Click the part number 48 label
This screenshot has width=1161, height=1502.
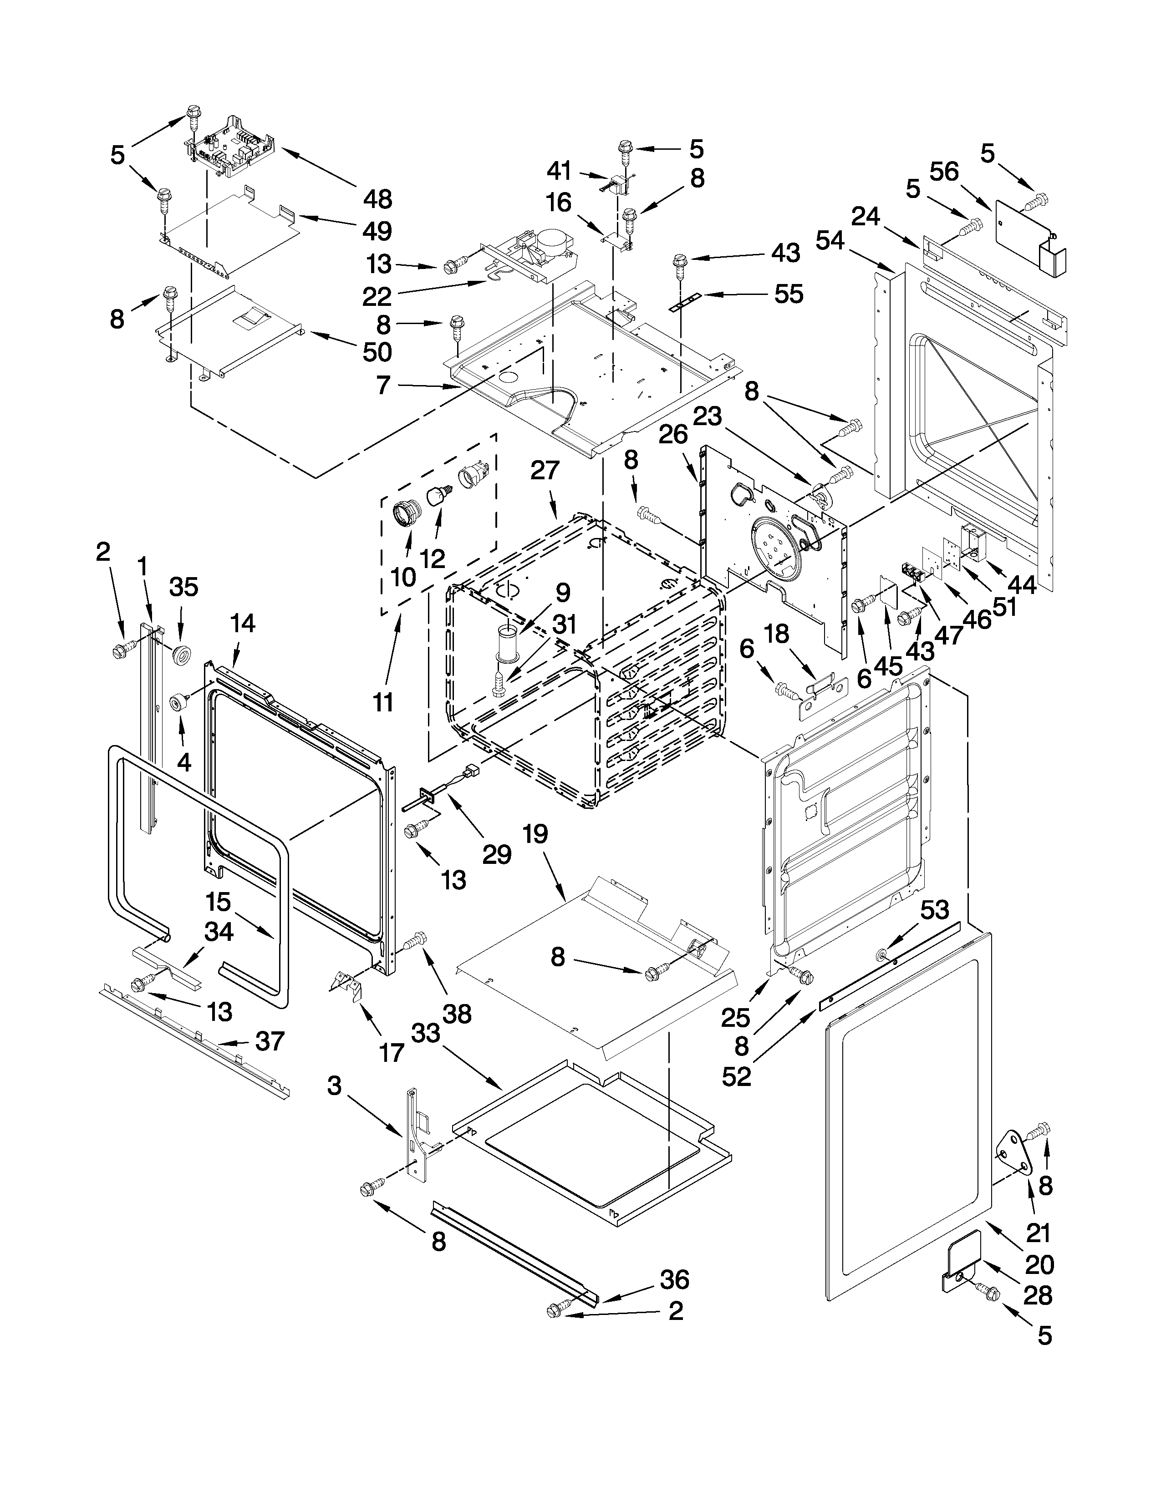click(377, 199)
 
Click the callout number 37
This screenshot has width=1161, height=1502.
click(270, 1041)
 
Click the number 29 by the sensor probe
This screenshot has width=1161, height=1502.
click(497, 854)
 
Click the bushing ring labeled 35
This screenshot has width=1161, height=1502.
click(182, 654)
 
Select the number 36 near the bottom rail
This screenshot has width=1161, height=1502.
click(674, 1280)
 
